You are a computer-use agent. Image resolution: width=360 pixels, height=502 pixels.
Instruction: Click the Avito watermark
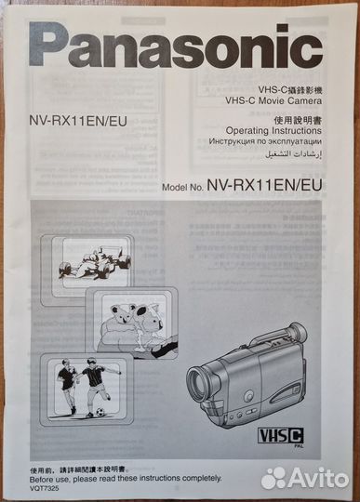[308, 477]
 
